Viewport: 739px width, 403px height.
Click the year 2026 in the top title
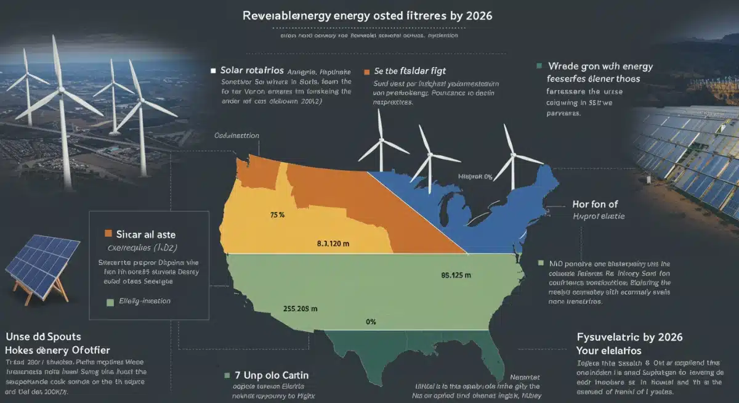(x=476, y=16)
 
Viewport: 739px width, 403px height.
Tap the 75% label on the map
(x=277, y=215)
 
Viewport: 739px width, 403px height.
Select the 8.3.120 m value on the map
(x=333, y=244)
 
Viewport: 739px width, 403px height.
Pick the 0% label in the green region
(x=370, y=322)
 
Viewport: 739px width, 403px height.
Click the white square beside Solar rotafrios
(x=213, y=70)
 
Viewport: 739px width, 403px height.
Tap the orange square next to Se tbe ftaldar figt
(x=368, y=71)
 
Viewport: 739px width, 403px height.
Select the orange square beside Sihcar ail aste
(x=108, y=234)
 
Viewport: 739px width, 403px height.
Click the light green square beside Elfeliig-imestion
(x=110, y=302)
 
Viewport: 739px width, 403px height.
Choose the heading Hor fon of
(x=595, y=204)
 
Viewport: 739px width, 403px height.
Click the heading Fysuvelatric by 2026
(x=630, y=338)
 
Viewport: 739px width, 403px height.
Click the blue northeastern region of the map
(x=493, y=210)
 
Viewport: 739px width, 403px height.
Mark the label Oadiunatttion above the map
(x=236, y=135)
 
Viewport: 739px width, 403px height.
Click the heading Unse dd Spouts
(x=43, y=337)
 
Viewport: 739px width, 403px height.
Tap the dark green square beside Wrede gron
(x=539, y=65)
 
